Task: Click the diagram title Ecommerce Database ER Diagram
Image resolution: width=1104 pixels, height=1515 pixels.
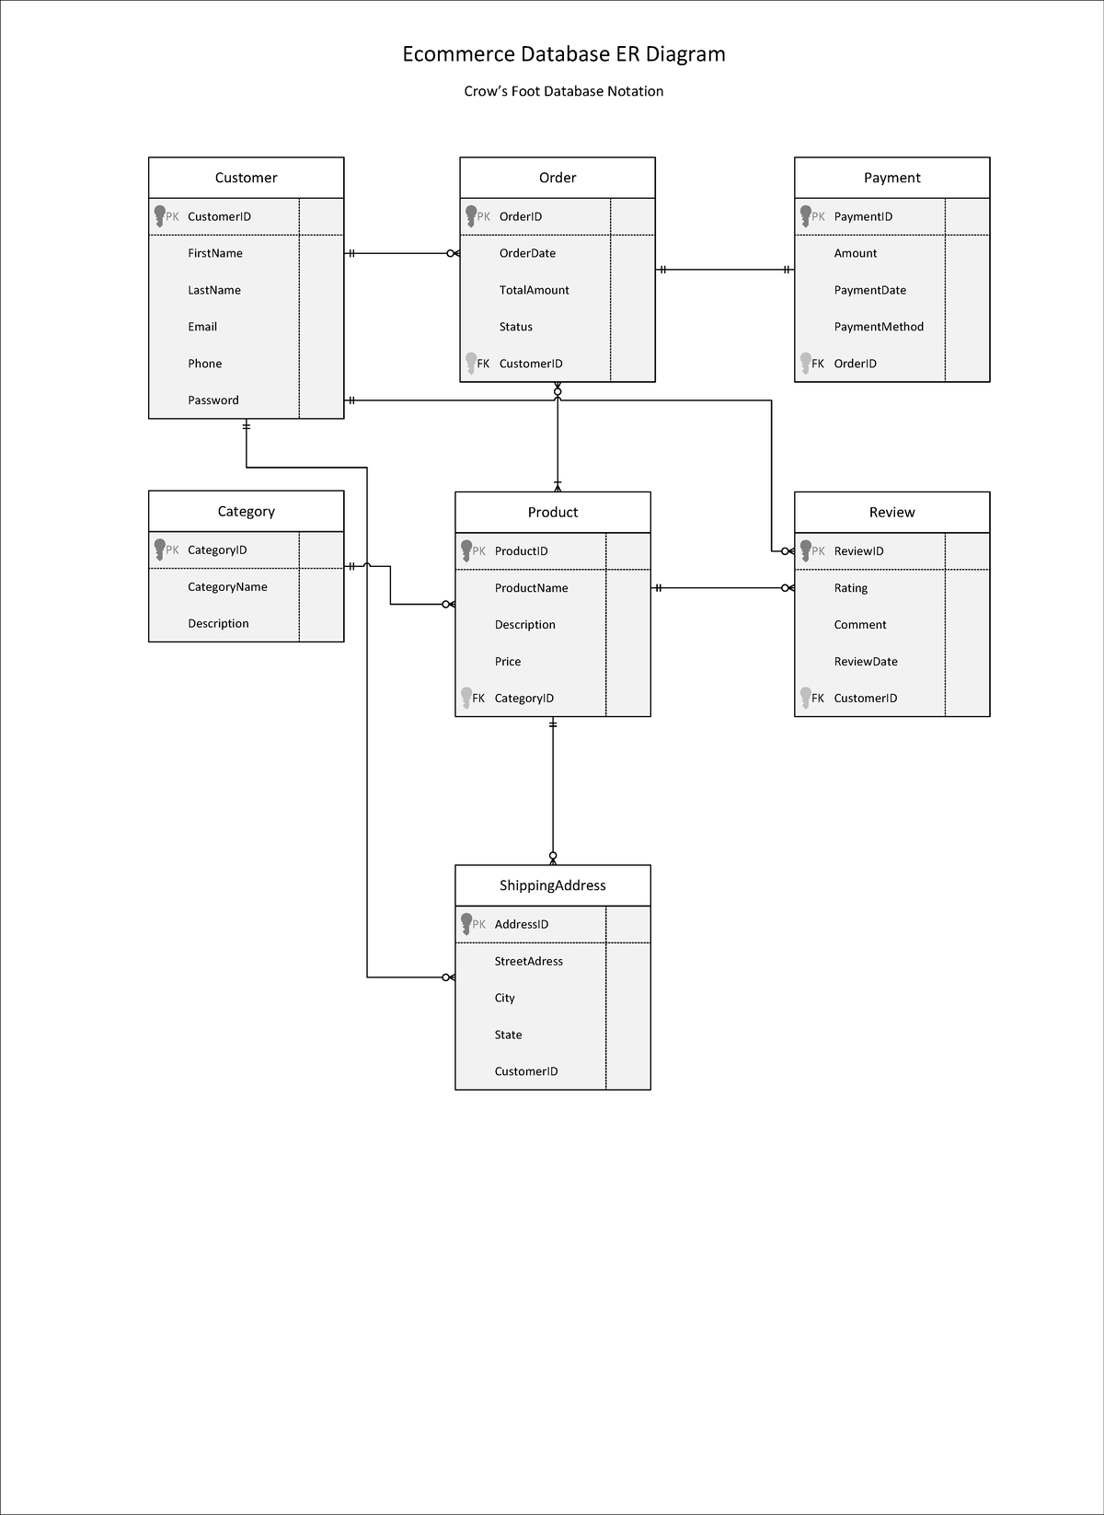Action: pos(564,54)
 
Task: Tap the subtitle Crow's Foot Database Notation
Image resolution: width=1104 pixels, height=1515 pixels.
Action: pos(563,91)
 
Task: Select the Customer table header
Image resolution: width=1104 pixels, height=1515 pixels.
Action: pos(246,178)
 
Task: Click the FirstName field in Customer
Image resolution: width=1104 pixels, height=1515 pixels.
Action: pos(215,253)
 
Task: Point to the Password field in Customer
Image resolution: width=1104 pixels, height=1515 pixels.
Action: pos(213,400)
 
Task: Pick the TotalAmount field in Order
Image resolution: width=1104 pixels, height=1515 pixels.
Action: pos(534,290)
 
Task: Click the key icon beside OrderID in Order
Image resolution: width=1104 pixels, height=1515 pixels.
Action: pos(471,216)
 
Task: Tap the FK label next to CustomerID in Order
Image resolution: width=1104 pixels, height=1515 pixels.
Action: pos(483,364)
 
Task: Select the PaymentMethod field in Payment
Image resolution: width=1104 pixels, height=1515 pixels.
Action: pos(879,327)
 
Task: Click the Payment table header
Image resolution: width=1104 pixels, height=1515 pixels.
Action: pos(891,178)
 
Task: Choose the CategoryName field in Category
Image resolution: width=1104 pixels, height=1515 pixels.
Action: pos(227,587)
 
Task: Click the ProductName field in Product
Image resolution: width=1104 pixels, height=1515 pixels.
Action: pos(531,588)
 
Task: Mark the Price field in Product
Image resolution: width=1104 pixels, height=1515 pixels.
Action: pos(508,662)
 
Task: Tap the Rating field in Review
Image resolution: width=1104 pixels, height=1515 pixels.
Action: pos(851,588)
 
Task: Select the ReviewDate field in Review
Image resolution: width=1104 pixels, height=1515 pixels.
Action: pos(866,662)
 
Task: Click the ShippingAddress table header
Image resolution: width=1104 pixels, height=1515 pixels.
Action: pos(552,885)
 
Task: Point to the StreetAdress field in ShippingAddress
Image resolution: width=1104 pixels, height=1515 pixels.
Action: pos(528,961)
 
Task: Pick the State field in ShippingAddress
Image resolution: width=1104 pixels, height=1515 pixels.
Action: pos(508,1035)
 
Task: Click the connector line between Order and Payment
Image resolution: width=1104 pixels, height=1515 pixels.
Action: pos(725,270)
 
